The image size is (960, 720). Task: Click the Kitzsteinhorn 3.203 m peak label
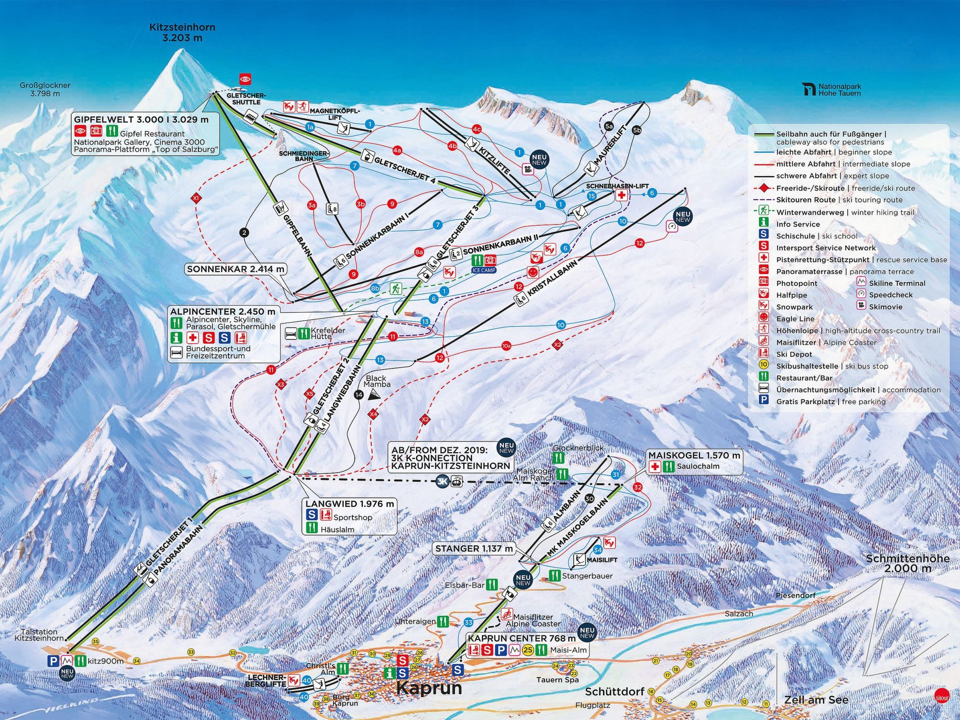coord(182,32)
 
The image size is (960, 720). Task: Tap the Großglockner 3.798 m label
coord(45,89)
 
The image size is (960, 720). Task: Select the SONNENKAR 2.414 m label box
coord(235,269)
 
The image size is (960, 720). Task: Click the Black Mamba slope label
coord(376,381)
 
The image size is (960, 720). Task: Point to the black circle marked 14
coord(359,395)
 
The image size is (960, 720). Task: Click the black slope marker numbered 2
coord(244,232)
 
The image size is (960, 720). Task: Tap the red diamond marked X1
coord(196,199)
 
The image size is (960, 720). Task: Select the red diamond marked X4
coord(373,414)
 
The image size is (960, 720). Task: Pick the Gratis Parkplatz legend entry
coord(830,402)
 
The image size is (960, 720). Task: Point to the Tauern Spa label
coord(557,680)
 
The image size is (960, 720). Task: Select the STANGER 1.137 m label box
coord(474,548)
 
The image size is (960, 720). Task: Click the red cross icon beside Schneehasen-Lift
coord(621,195)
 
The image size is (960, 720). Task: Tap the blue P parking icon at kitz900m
coord(53,661)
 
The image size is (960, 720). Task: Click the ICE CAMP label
coord(484,270)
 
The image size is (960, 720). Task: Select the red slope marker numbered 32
coord(637,487)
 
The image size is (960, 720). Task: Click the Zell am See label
coord(816,700)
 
